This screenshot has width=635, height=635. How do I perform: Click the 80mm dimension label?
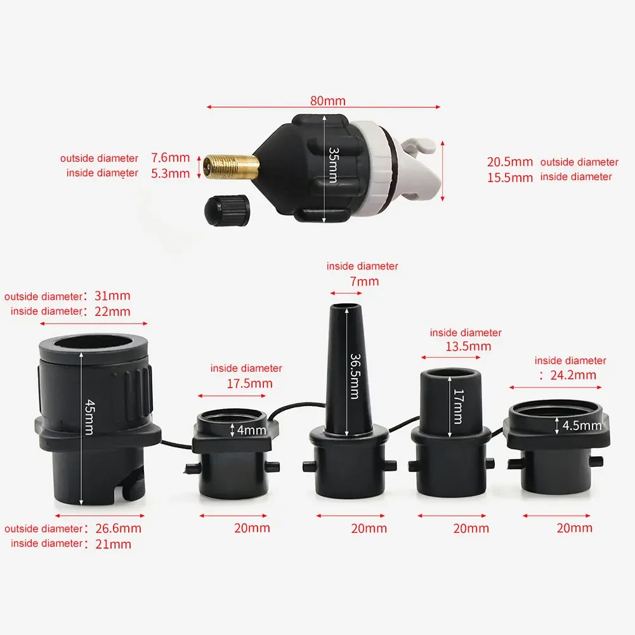(328, 101)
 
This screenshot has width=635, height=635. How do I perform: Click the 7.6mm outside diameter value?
(170, 157)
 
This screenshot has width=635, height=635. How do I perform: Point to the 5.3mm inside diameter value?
(170, 173)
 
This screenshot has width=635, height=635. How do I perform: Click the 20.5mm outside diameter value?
(510, 162)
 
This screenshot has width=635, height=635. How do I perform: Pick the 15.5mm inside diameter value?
(510, 178)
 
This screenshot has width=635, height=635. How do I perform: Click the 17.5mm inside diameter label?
(249, 383)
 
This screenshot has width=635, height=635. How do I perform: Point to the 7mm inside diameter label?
(363, 281)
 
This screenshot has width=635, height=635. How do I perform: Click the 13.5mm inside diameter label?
(469, 346)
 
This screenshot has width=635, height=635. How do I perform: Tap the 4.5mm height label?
(582, 426)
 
